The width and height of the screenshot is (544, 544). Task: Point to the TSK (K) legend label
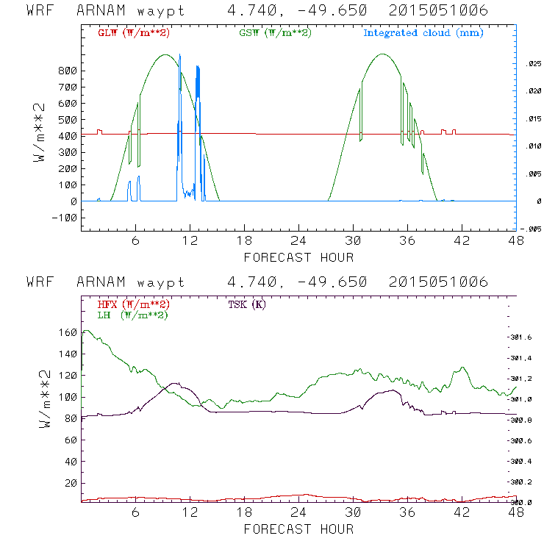248,304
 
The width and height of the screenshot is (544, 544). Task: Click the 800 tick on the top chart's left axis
68,71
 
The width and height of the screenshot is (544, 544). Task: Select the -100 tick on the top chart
65,218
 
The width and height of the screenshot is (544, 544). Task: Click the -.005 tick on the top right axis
532,229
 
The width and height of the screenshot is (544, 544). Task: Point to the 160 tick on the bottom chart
68,332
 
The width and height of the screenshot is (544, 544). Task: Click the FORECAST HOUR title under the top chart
298,257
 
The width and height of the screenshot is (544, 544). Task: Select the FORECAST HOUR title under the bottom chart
298,529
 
